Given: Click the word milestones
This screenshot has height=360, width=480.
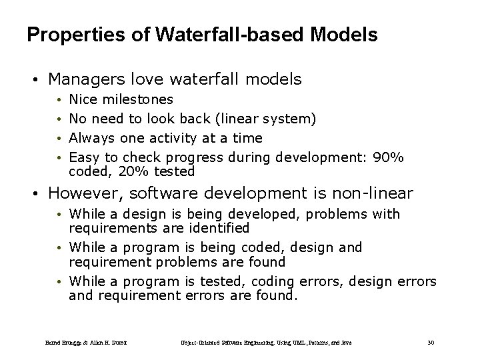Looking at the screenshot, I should pyautogui.click(x=139, y=100).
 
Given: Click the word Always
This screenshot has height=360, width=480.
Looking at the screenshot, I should pyautogui.click(x=92, y=138).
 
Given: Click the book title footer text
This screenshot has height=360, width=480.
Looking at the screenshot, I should pyautogui.click(x=266, y=343).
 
